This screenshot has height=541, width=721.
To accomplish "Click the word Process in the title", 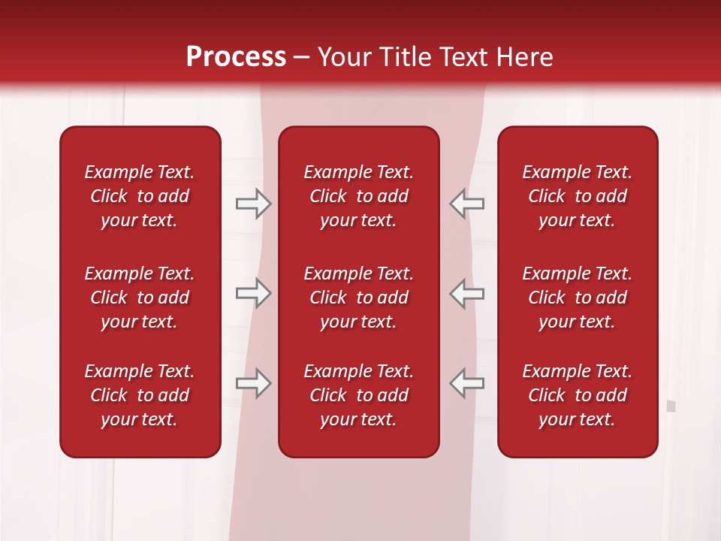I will tap(236, 57).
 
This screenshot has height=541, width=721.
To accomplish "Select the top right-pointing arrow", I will tap(253, 204).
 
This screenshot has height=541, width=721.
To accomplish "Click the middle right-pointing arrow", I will tap(253, 293).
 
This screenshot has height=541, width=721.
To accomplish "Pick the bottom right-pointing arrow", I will tap(253, 383).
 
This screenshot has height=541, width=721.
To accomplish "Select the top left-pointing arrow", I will tap(466, 204).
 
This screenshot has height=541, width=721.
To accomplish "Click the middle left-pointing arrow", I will tap(466, 293).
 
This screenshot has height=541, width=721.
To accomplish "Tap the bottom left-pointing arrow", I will tap(466, 383).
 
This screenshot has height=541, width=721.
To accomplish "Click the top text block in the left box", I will tap(140, 196).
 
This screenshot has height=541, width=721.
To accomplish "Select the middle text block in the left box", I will tap(140, 298).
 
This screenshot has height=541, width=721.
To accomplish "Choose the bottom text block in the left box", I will tap(140, 395).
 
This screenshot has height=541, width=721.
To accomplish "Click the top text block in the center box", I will tap(358, 196).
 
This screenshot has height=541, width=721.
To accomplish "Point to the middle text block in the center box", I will tap(358, 298).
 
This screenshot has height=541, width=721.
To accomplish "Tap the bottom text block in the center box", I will tap(358, 395).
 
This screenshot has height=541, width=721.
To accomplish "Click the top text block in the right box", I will tap(577, 196).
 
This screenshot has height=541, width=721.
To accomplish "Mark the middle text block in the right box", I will tap(577, 298).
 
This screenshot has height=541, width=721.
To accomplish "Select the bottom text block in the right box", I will tap(577, 395).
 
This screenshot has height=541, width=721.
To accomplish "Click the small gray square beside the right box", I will tap(671, 407).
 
